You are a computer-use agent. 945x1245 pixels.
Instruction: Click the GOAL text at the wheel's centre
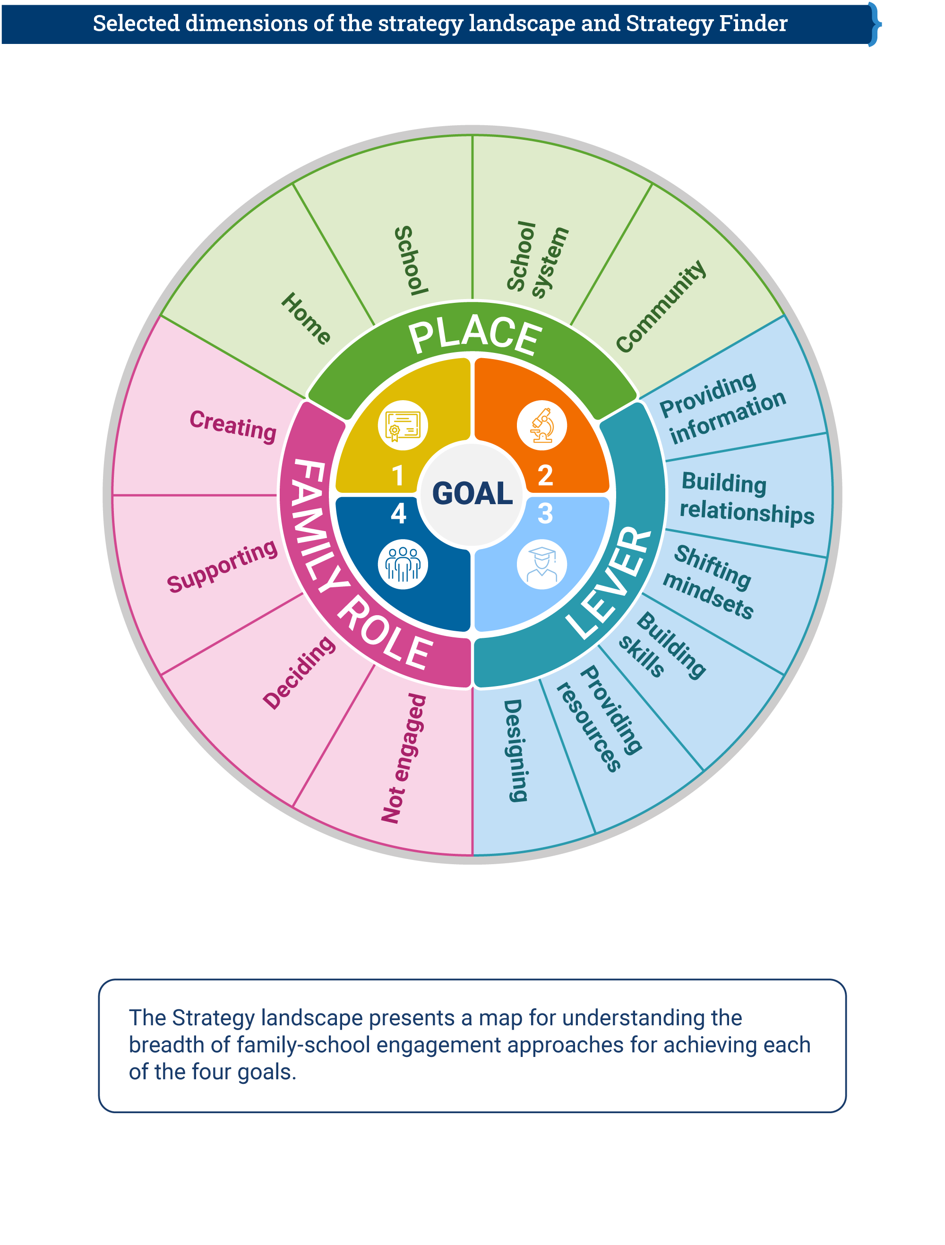coord(472,494)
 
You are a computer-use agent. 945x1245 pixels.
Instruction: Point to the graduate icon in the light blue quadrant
coord(541,564)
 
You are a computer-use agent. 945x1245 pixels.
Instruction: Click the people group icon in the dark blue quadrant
coord(403,564)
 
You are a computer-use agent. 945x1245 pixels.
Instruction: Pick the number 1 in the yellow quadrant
coord(398,476)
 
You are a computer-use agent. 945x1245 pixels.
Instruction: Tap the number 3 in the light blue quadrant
coord(545,513)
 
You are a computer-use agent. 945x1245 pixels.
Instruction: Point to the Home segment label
coord(306,318)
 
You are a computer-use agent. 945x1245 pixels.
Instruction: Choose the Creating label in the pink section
coord(233,426)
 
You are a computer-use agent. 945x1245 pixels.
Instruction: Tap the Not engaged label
coord(404,758)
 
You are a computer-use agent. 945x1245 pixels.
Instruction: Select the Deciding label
coord(299,673)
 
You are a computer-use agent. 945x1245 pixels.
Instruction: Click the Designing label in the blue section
coord(515,750)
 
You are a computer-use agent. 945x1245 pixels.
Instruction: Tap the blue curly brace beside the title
coord(874,24)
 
